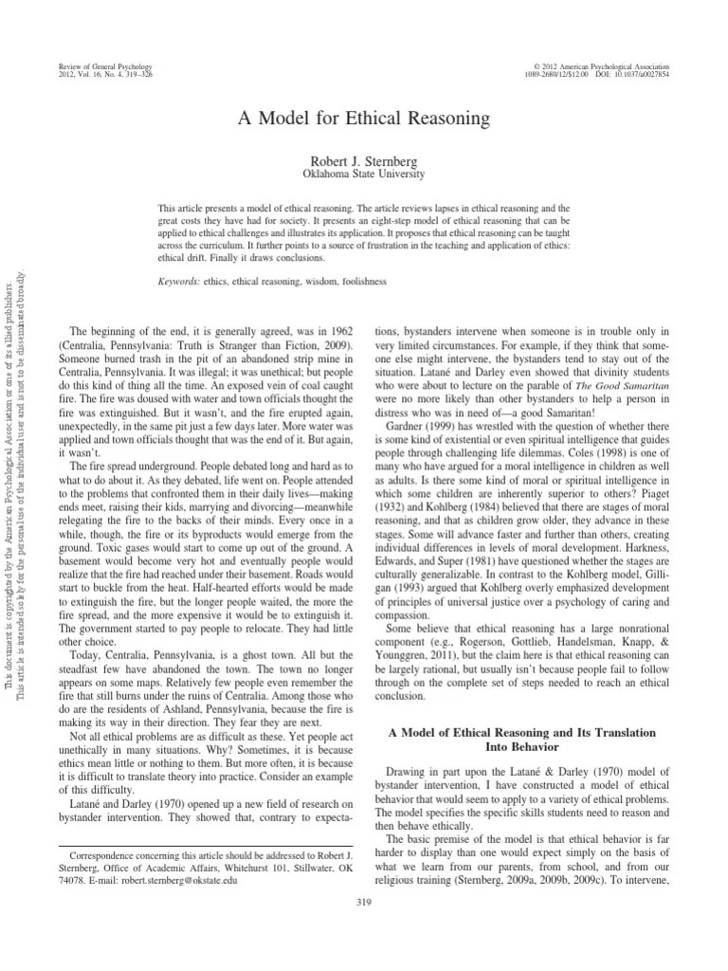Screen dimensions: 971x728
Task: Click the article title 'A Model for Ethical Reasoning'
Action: click(x=364, y=119)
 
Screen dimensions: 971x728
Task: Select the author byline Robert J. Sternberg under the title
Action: click(x=364, y=162)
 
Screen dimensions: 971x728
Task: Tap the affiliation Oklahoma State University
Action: click(x=364, y=175)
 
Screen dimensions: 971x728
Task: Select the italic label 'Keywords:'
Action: click(x=178, y=282)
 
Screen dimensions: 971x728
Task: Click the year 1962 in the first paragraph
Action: click(x=338, y=329)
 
